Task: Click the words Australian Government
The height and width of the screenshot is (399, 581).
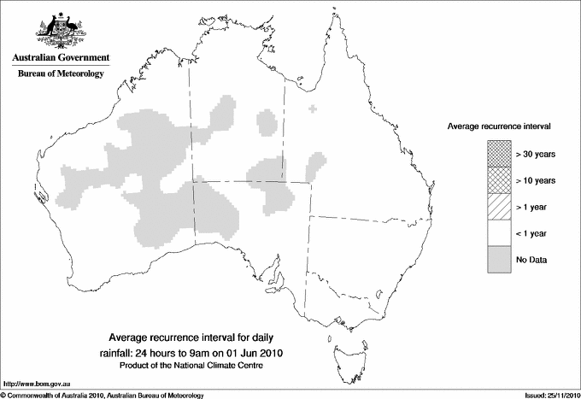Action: [57, 58]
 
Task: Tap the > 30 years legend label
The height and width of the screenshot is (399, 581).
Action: [537, 154]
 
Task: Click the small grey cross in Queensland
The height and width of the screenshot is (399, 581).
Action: [314, 109]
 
